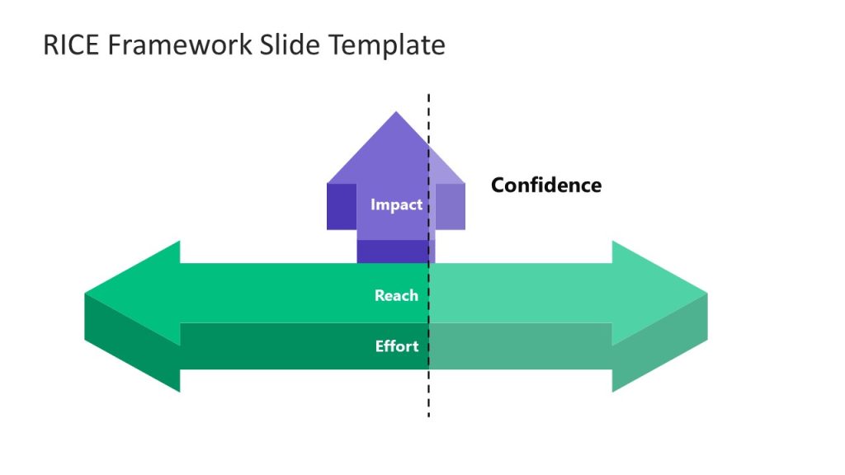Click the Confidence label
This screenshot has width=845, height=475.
(x=546, y=185)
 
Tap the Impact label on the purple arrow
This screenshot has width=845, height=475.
(x=396, y=205)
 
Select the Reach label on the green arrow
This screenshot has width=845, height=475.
(x=396, y=295)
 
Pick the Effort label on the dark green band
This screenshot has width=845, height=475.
(x=397, y=346)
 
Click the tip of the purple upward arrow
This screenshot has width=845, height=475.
(x=396, y=112)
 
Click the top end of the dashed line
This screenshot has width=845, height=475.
(x=428, y=96)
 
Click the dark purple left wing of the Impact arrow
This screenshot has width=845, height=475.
(x=342, y=206)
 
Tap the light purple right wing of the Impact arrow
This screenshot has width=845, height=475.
(x=451, y=206)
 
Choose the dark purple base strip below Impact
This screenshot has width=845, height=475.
(x=391, y=252)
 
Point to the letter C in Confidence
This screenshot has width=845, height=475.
(x=498, y=185)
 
